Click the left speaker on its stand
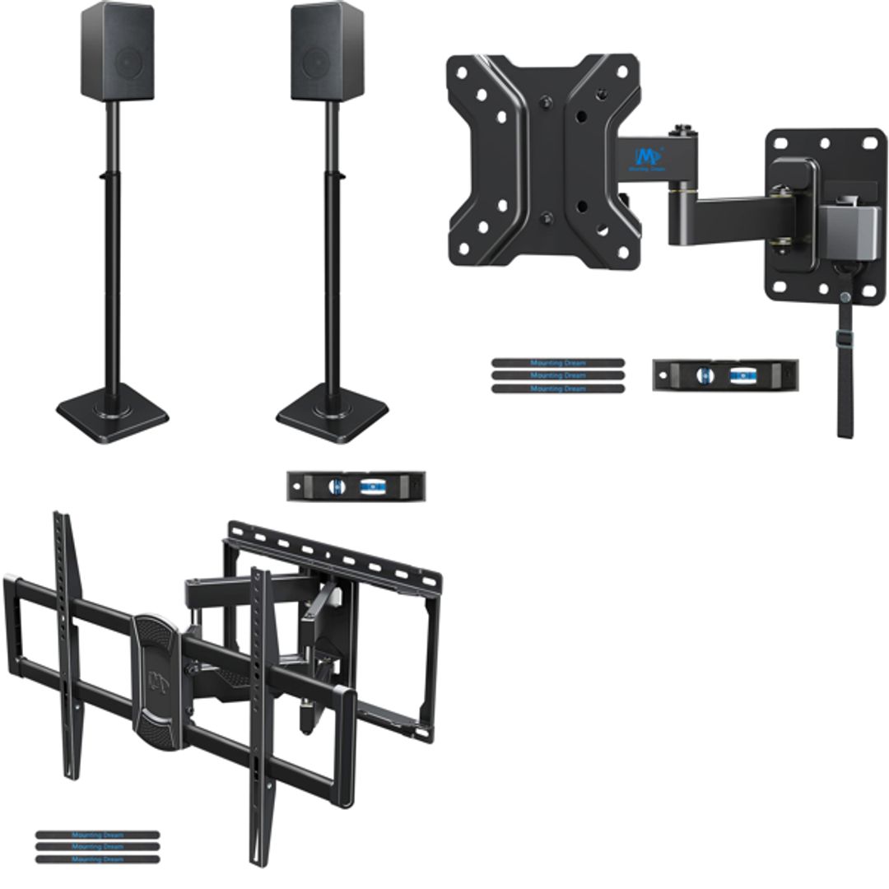tap(117, 51)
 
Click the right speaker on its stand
tap(328, 51)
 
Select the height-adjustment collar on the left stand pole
tap(112, 175)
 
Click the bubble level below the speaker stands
tap(356, 486)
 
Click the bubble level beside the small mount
tap(724, 375)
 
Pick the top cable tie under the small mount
tap(557, 362)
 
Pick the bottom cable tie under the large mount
tap(96, 859)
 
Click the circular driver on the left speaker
tap(128, 62)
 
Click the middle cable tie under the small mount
tap(557, 375)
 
